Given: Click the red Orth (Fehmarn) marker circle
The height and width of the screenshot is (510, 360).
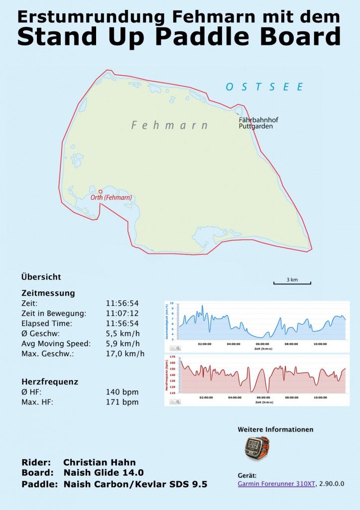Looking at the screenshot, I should pos(100,191).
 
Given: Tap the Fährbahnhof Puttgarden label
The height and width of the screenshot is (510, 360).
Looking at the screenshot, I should pos(258,123).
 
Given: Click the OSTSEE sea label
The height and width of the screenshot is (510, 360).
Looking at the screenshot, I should pos(264,87).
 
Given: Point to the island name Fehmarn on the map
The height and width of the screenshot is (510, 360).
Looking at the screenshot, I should pos(169,125).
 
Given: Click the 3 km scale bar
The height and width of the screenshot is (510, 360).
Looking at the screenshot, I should pos(292,282).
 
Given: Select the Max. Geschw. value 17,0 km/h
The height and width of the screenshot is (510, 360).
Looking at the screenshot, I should pos(125,354).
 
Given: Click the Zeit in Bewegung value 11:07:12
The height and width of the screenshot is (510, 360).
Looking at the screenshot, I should pos(122,313).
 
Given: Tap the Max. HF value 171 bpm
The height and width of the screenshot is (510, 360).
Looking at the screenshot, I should pos(122,402).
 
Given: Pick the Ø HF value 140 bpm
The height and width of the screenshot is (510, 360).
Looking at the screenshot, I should pos(122,392).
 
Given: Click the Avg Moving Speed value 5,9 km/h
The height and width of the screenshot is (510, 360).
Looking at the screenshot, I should pos(122,344).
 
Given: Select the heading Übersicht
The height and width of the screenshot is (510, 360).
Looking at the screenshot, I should pos(41,277).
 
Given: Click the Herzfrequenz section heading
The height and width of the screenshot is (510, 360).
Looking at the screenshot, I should pos(50,382).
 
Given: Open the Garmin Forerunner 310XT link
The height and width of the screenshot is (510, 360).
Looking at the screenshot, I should pos(276,484).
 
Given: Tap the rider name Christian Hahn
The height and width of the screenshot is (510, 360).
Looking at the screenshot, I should pos(99,462).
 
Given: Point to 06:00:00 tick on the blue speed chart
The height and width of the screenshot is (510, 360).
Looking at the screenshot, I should pos(263,344).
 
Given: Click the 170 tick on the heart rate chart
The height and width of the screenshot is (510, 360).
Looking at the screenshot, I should pos(172,357).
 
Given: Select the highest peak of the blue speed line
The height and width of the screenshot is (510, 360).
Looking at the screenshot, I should pos(202,306).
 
